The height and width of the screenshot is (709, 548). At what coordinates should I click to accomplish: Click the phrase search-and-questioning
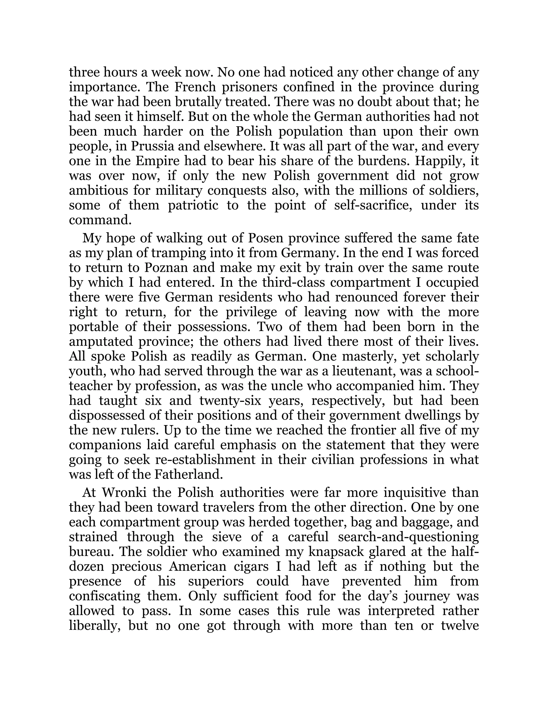tap(408, 537)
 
